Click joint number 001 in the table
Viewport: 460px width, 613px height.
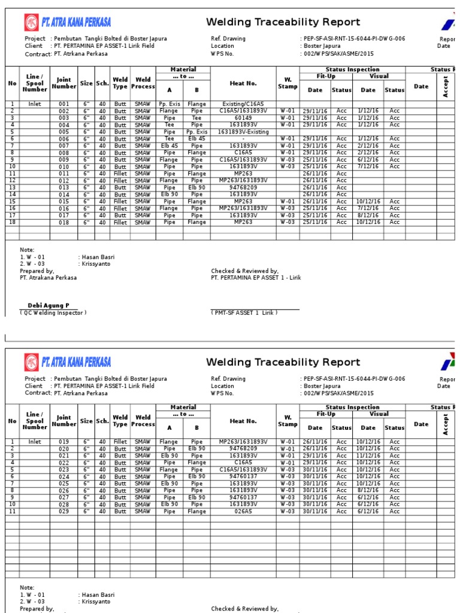[x=63, y=104]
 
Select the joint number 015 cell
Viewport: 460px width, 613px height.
[x=63, y=202]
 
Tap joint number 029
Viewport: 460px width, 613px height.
[x=63, y=512]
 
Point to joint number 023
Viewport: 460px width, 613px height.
[x=63, y=470]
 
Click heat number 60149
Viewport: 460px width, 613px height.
[x=243, y=118]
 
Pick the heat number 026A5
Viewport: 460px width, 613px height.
[x=243, y=512]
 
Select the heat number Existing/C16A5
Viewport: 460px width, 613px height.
[x=243, y=104]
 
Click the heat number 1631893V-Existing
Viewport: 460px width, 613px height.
[x=243, y=132]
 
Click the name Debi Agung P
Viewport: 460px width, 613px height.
[x=49, y=305]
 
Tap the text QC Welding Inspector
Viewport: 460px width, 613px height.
[x=53, y=312]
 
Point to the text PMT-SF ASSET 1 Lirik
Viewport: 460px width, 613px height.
[x=244, y=312]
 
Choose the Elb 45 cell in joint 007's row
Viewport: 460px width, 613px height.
[x=170, y=145]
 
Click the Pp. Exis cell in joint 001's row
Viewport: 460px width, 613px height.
[x=170, y=104]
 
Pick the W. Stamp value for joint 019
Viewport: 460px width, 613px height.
[x=287, y=442]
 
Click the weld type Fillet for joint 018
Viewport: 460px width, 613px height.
[x=120, y=222]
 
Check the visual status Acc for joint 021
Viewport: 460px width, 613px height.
[x=394, y=456]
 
